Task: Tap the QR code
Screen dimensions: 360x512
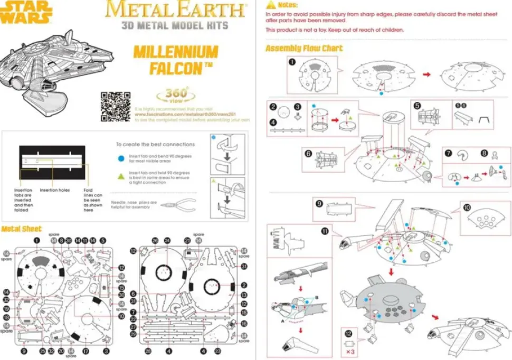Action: click(115, 106)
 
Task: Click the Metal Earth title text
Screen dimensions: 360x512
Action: click(176, 10)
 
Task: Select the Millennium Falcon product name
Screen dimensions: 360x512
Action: click(175, 60)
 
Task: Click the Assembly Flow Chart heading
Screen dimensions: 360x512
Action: click(304, 49)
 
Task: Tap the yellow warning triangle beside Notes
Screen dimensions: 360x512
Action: click(271, 5)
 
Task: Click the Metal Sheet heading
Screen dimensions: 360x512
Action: click(21, 229)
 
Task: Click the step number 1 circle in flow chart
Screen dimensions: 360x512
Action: click(291, 62)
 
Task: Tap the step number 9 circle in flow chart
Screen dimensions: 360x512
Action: click(319, 203)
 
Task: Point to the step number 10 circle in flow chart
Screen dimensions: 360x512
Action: click(467, 207)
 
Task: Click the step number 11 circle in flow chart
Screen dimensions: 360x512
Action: click(325, 231)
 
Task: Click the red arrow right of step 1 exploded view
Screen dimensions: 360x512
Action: click(427, 75)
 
